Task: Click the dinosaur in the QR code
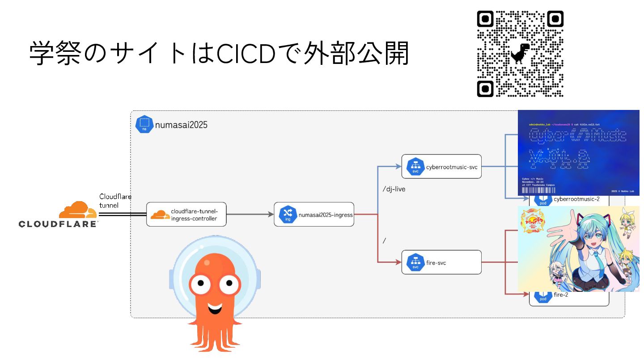(x=521, y=53)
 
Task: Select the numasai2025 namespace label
(x=181, y=125)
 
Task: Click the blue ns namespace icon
(x=144, y=124)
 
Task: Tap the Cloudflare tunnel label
(x=115, y=201)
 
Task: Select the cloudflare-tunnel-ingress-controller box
(x=186, y=215)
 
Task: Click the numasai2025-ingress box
(x=314, y=215)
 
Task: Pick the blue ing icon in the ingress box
(x=288, y=215)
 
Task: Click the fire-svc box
(x=441, y=262)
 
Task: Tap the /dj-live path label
(x=394, y=189)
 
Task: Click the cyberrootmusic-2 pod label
(x=576, y=199)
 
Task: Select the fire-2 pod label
(x=563, y=295)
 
